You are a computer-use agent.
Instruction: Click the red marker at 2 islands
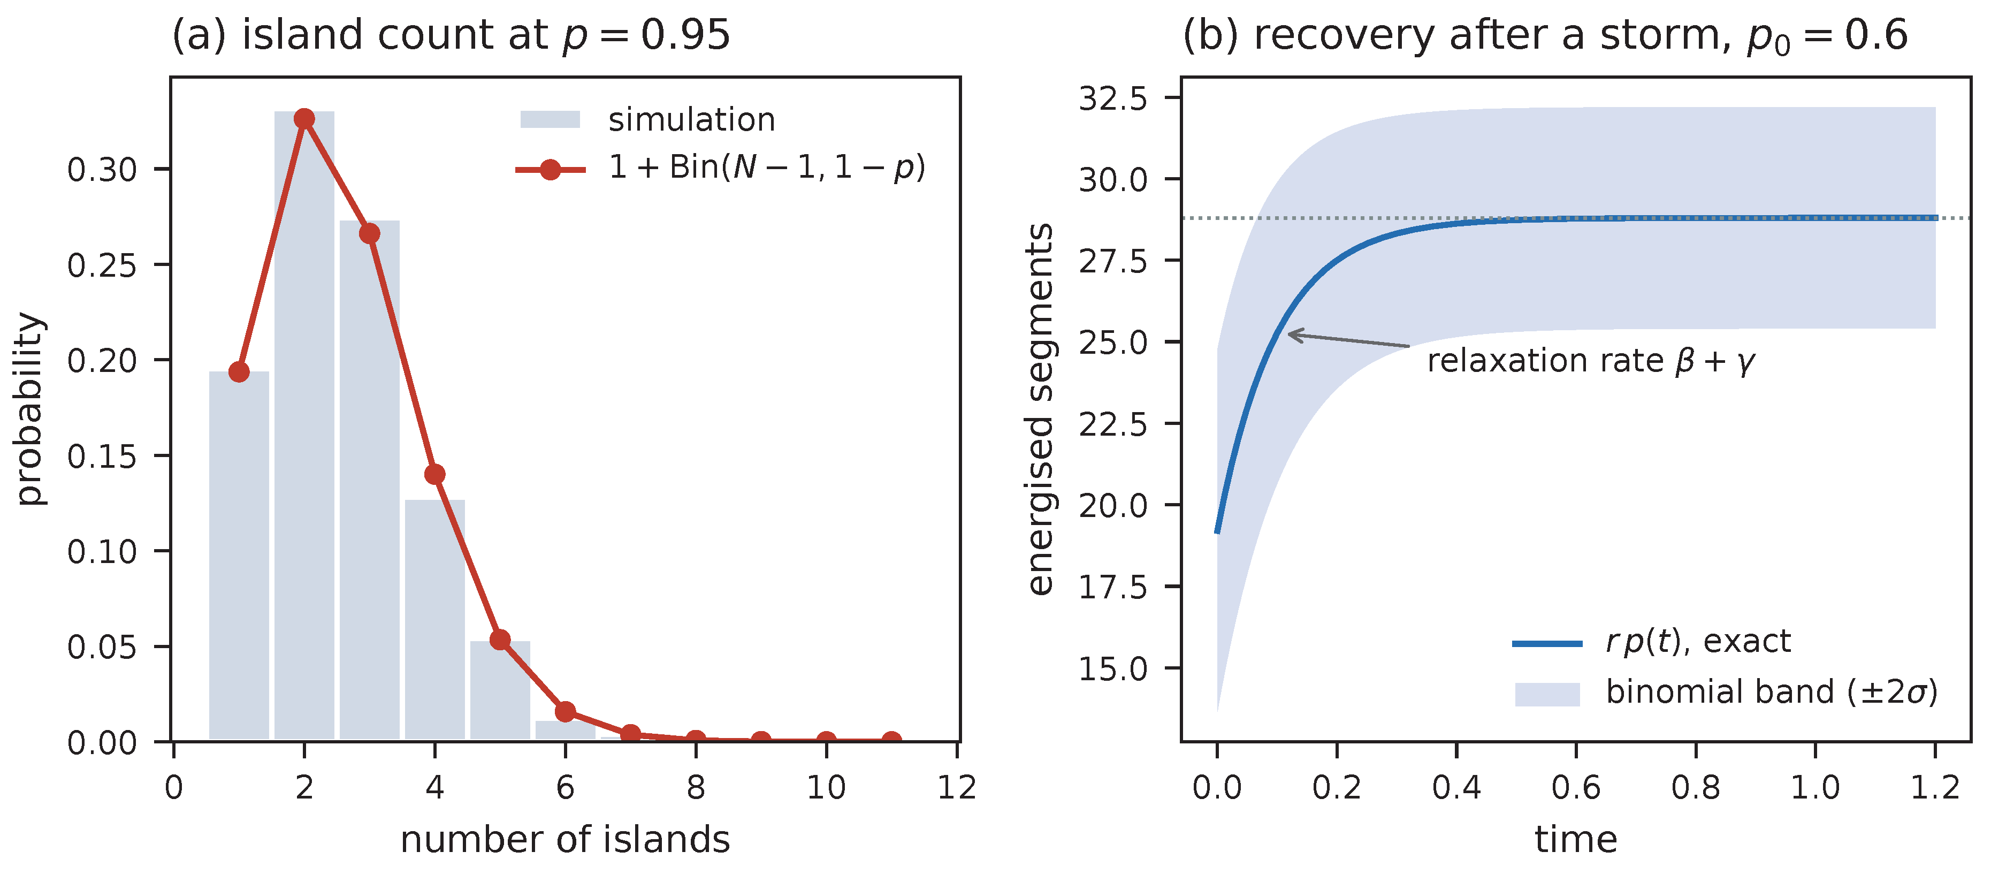(x=304, y=118)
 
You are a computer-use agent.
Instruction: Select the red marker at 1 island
(x=239, y=372)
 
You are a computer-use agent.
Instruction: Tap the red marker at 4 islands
(x=435, y=474)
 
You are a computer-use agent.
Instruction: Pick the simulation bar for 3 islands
(x=369, y=480)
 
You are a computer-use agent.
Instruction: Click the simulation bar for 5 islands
(x=500, y=689)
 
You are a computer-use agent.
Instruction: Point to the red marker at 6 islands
(x=566, y=711)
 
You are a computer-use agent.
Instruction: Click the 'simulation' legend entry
(x=647, y=120)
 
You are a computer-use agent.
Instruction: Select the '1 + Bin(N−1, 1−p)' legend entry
(x=720, y=168)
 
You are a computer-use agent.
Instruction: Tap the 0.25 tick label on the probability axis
(x=102, y=265)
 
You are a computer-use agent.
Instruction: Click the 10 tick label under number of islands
(x=826, y=788)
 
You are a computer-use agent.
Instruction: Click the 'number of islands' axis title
(x=565, y=840)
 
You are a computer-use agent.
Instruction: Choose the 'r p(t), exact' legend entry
(x=1652, y=642)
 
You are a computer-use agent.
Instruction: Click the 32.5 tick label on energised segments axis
(x=1113, y=98)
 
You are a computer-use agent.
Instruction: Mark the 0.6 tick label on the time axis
(x=1576, y=788)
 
